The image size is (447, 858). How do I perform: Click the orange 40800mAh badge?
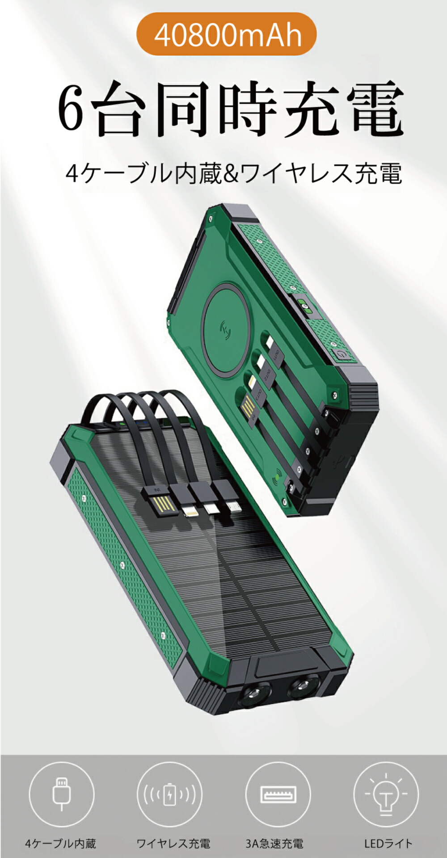[x=226, y=35]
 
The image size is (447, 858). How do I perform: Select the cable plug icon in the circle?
[x=62, y=793]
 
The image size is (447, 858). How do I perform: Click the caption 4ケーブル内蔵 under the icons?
[x=61, y=843]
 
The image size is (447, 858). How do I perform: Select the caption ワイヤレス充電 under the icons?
[x=173, y=843]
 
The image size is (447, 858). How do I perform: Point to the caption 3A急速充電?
[x=274, y=843]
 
